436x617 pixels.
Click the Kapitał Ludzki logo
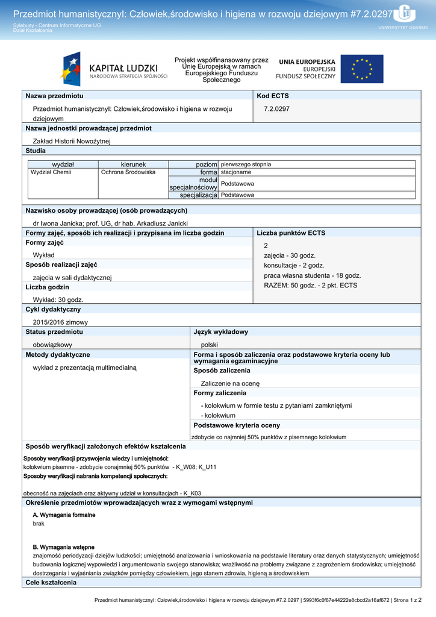coord(114,69)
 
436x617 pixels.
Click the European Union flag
coord(361,69)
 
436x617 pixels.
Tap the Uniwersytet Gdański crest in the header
coord(405,13)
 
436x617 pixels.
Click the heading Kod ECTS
coord(273,96)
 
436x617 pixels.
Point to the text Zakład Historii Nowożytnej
coord(72,141)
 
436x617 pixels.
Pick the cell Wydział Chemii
coord(51,172)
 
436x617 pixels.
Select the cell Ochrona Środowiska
coord(128,172)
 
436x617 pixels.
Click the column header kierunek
coord(133,164)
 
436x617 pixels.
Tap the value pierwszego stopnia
coord(246,164)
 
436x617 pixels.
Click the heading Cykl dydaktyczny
coord(53,309)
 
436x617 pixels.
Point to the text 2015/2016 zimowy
coord(60,322)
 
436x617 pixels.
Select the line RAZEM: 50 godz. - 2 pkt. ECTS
coord(310,285)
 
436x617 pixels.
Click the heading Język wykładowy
coord(220,332)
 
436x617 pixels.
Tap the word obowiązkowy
coord(52,345)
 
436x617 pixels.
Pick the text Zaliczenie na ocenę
coord(230,383)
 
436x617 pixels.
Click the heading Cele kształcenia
coord(51,583)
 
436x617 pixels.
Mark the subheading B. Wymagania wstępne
coord(63,547)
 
